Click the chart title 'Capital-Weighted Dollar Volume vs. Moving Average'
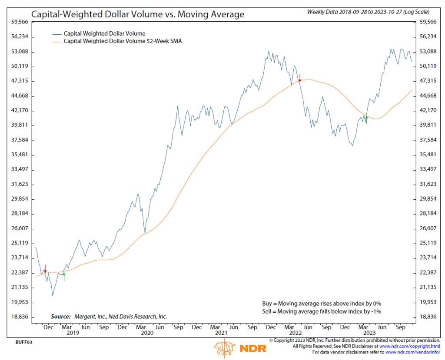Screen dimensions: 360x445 coord(138,14)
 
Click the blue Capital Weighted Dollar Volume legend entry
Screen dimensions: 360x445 coord(104,33)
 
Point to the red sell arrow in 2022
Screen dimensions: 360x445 coord(299,78)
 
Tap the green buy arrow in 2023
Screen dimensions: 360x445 coord(366,119)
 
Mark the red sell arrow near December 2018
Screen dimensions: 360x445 coord(45,269)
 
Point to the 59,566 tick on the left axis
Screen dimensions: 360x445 coord(20,22)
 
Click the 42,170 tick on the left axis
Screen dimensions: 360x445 coord(20,110)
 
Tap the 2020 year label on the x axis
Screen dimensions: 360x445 coord(147,333)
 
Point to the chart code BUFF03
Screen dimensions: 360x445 coord(23,342)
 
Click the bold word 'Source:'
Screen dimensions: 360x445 coord(60,317)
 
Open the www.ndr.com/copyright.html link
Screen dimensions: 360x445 coord(410,346)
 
